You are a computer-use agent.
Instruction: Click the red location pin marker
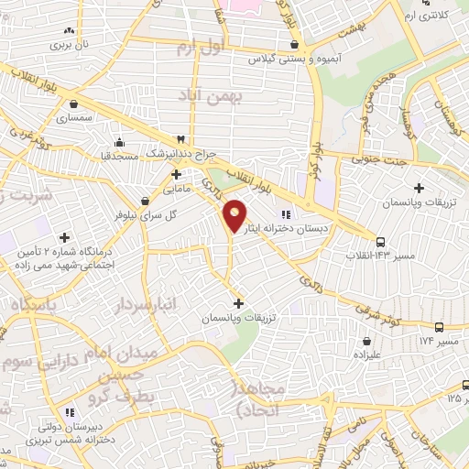[x=235, y=216]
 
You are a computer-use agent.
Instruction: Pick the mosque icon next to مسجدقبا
[x=119, y=142]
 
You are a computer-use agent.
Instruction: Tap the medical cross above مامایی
[x=176, y=173]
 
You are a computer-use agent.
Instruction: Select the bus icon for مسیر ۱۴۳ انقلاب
[x=382, y=243]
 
